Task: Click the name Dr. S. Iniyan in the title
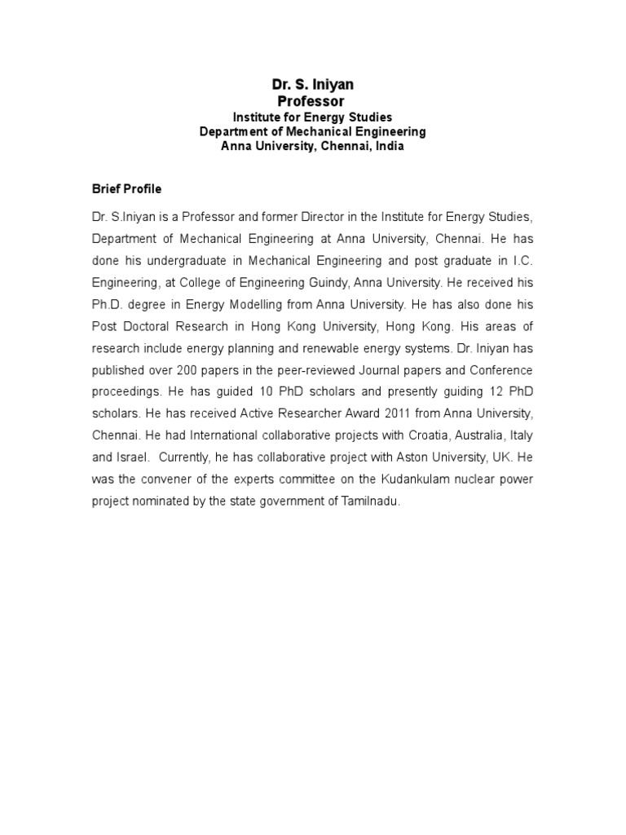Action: (x=313, y=85)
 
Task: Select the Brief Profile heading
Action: (x=126, y=189)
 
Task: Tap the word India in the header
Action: (x=389, y=147)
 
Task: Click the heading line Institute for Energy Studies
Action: (x=313, y=117)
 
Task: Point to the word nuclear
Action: (x=483, y=477)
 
